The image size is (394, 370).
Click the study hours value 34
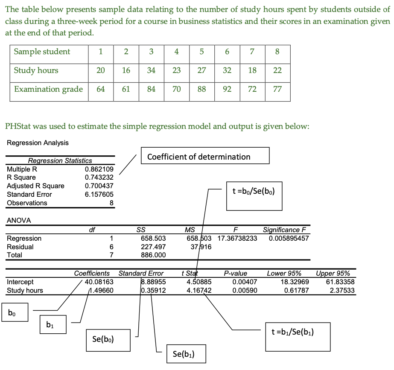(151, 70)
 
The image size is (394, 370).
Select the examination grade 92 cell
(227, 89)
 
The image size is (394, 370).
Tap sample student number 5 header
(202, 52)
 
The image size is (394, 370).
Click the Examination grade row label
(48, 89)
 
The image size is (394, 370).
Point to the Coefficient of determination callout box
(205, 156)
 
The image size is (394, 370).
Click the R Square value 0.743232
(99, 177)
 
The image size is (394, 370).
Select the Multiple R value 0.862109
(99, 169)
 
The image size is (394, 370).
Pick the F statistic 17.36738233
(237, 238)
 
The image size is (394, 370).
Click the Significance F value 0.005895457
(289, 238)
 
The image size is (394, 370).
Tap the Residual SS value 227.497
(153, 247)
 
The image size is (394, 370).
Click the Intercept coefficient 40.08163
(99, 282)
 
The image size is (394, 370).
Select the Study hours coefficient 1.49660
(101, 290)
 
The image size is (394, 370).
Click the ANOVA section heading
(19, 221)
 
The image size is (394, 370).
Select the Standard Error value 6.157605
(99, 194)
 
